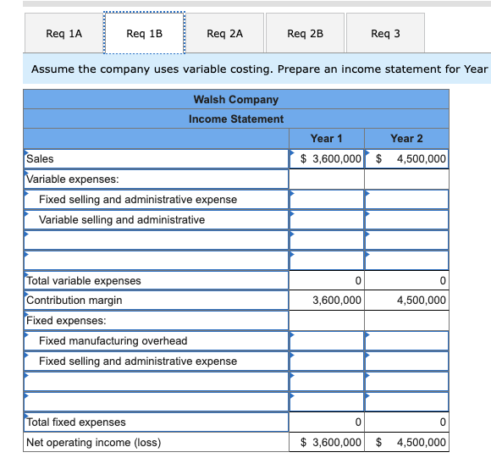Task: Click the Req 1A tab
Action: pyautogui.click(x=64, y=34)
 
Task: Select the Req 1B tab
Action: pyautogui.click(x=144, y=34)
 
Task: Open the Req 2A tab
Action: pyautogui.click(x=224, y=34)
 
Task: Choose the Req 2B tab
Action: pyautogui.click(x=305, y=34)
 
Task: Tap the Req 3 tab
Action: pyautogui.click(x=385, y=34)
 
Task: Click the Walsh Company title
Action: pyautogui.click(x=236, y=100)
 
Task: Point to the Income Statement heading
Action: pyautogui.click(x=236, y=119)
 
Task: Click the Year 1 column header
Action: pyautogui.click(x=327, y=139)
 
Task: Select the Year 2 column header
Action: pyautogui.click(x=406, y=139)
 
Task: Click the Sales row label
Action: pyautogui.click(x=40, y=158)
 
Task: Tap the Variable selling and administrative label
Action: pyautogui.click(x=122, y=220)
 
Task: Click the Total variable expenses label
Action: pyautogui.click(x=84, y=281)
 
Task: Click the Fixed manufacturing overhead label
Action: pyautogui.click(x=113, y=341)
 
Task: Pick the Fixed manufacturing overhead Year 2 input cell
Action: pyautogui.click(x=406, y=341)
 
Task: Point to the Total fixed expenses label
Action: pyautogui.click(x=76, y=422)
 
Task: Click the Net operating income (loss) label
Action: pyautogui.click(x=93, y=443)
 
